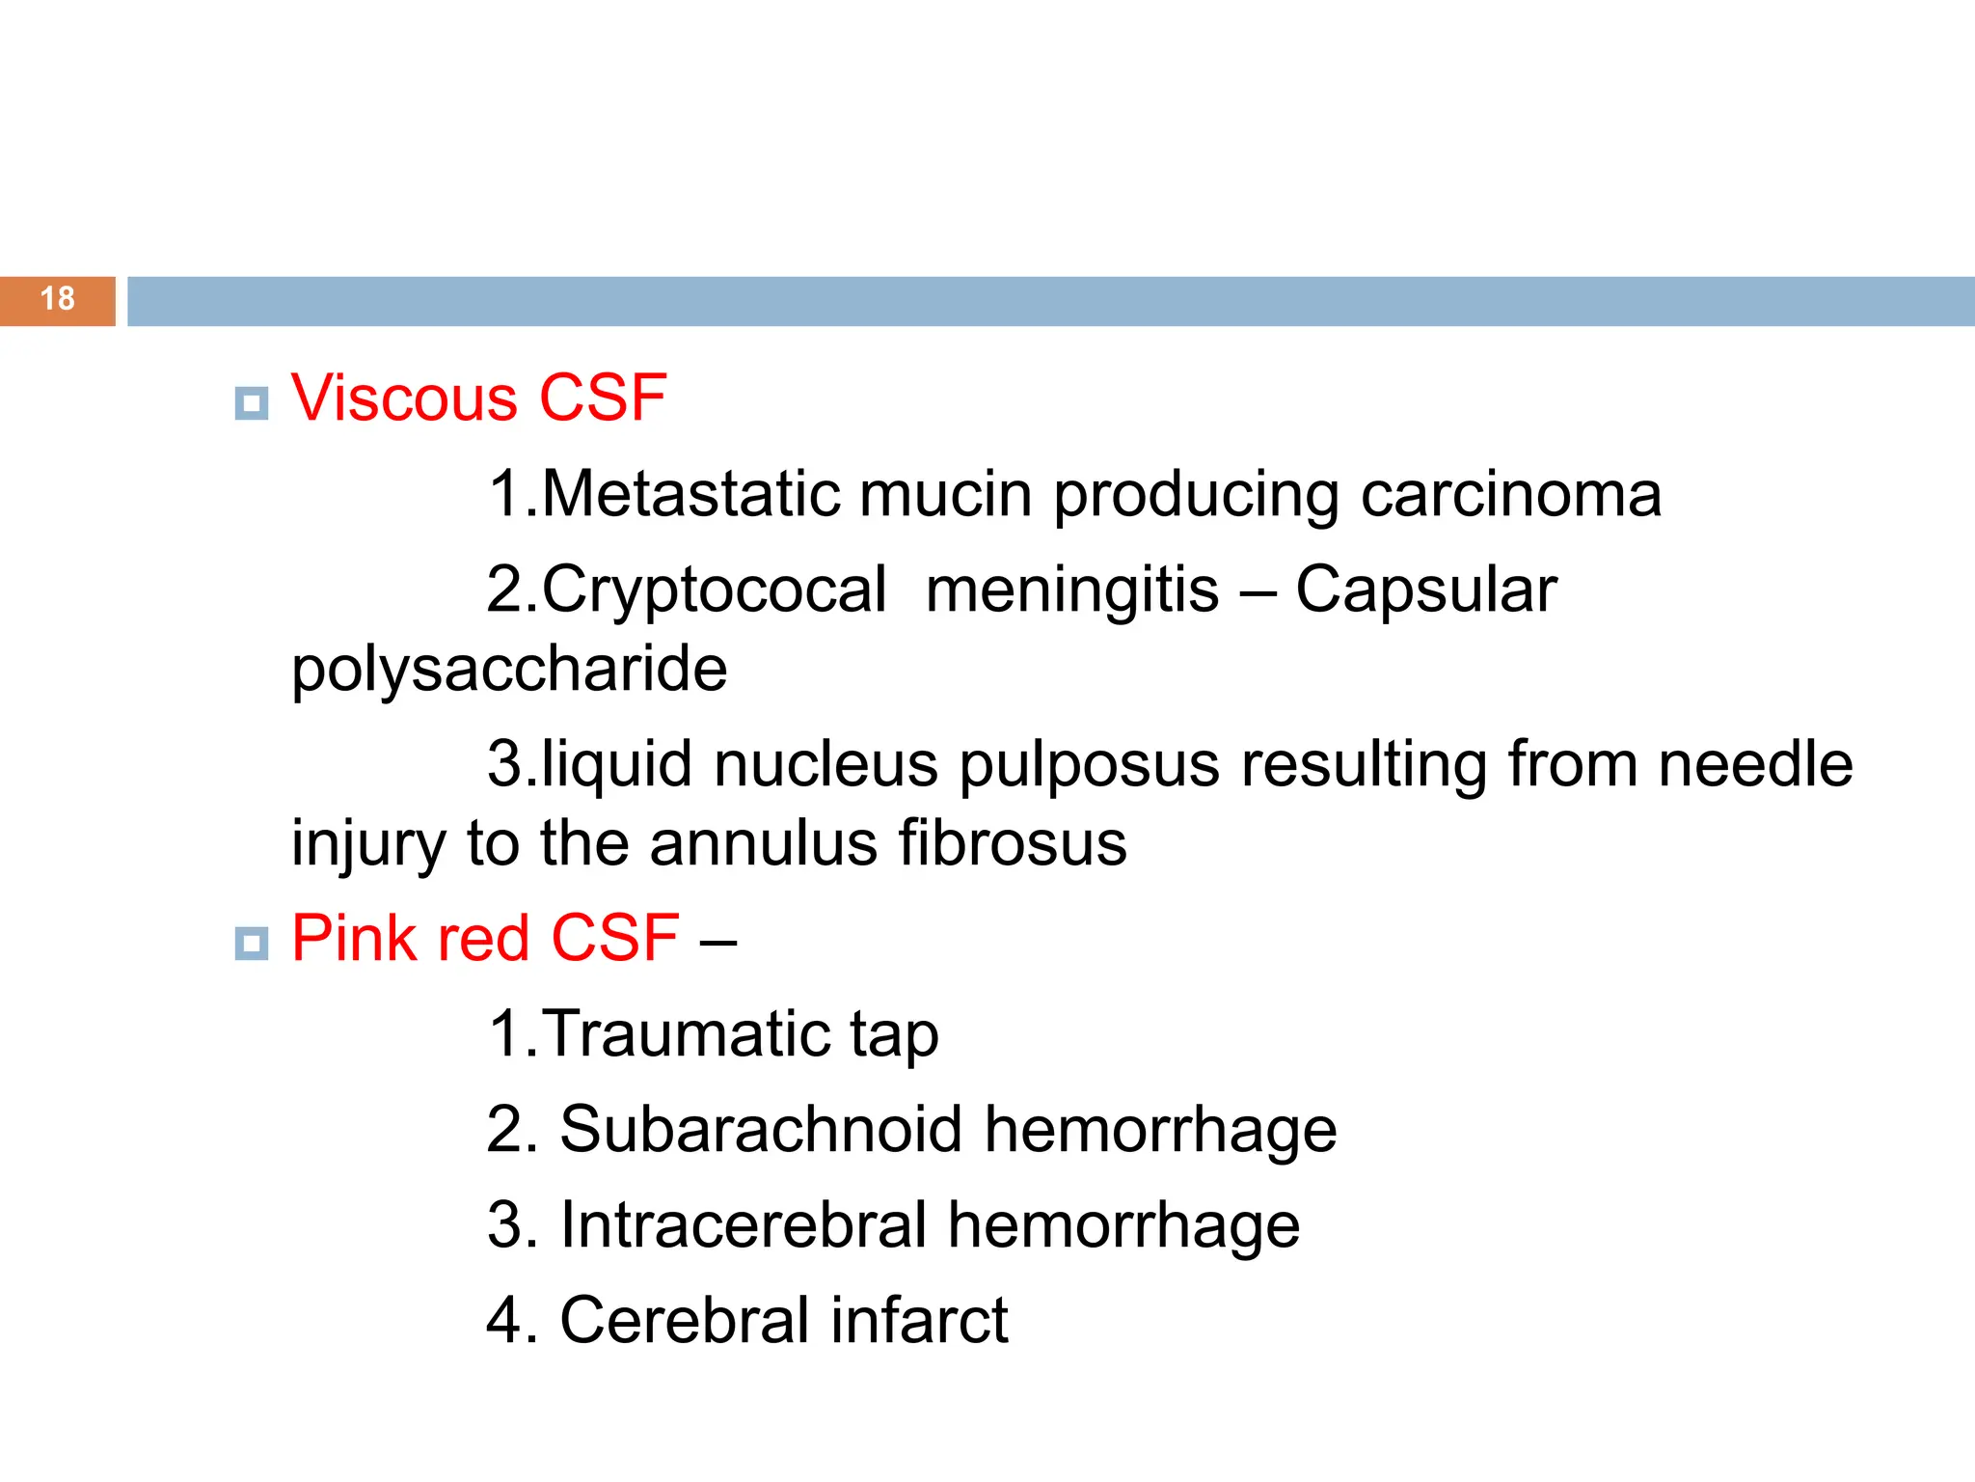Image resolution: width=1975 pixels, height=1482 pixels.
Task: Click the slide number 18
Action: (x=58, y=299)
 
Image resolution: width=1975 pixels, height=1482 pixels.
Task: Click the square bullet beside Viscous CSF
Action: (x=252, y=402)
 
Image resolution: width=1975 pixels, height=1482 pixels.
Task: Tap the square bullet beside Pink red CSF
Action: (x=252, y=943)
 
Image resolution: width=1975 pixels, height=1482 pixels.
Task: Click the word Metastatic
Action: (x=690, y=494)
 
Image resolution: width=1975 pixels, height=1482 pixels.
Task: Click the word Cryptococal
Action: (x=714, y=590)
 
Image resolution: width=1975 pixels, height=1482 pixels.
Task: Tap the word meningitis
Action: (x=1071, y=590)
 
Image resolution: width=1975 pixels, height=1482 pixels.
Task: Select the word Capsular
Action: (x=1425, y=590)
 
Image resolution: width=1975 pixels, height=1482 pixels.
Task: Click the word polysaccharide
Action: (x=509, y=670)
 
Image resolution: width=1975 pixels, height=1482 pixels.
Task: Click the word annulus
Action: (x=763, y=843)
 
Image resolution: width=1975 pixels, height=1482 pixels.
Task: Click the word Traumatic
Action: (x=686, y=1034)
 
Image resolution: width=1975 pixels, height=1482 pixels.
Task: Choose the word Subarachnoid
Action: (x=760, y=1129)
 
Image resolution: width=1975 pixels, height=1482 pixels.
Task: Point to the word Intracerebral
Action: (x=743, y=1225)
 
